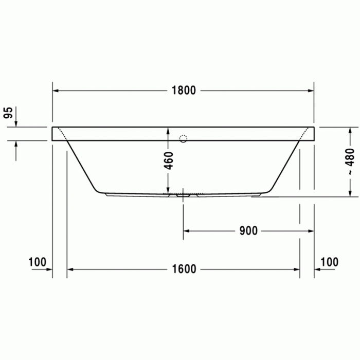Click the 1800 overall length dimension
pyautogui.click(x=184, y=91)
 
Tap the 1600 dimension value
pyautogui.click(x=184, y=268)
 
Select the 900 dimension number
pyautogui.click(x=248, y=230)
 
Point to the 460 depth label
pyautogui.click(x=169, y=161)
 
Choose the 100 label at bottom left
pyautogui.click(x=38, y=262)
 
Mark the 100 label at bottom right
pyautogui.click(x=329, y=262)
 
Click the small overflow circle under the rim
pyautogui.click(x=184, y=138)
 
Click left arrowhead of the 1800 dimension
pyautogui.click(x=56, y=91)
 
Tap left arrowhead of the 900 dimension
pyautogui.click(x=188, y=230)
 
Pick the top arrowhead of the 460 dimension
pyautogui.click(x=168, y=130)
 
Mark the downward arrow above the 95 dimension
pyautogui.click(x=16, y=123)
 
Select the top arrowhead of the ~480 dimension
pyautogui.click(x=350, y=130)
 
